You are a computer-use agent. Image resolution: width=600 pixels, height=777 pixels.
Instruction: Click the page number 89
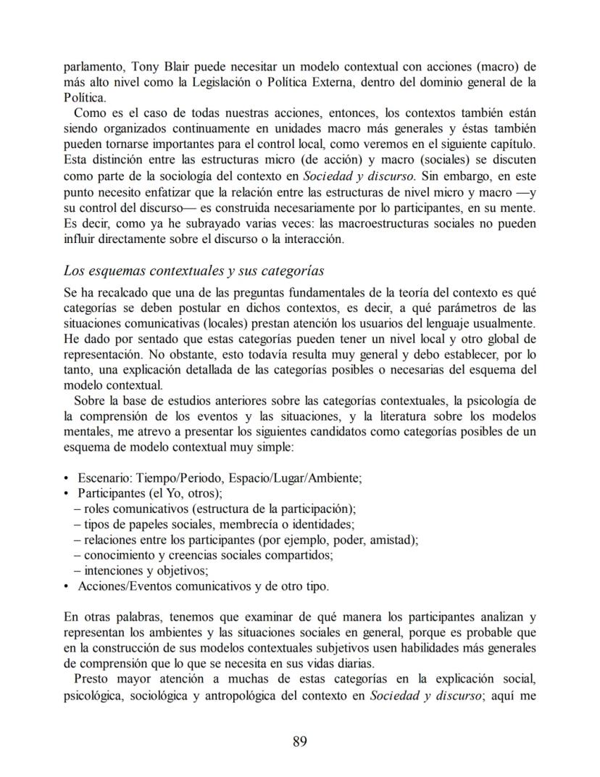coord(300,741)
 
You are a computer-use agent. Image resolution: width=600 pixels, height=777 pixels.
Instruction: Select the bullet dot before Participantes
coord(67,494)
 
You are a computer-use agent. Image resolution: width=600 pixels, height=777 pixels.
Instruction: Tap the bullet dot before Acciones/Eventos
coord(67,586)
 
